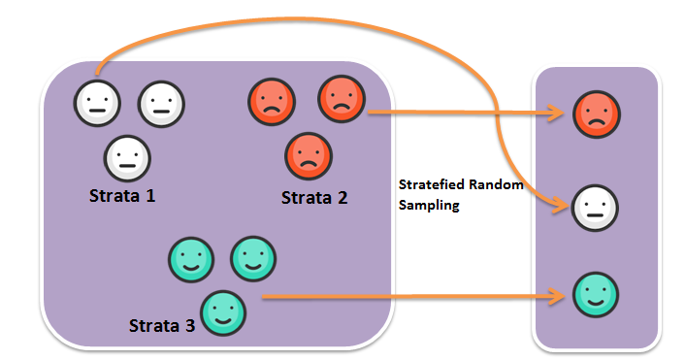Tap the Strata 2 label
pos(313,198)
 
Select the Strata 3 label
pos(162,324)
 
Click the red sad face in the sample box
pos(597,114)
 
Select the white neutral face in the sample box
pos(597,206)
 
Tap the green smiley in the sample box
pos(597,294)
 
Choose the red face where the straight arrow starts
pos(342,99)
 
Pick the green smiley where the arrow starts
pos(223,312)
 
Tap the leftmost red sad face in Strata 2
pos(272,102)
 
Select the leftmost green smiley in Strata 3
pos(191,260)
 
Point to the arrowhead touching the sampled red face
pos(561,115)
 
